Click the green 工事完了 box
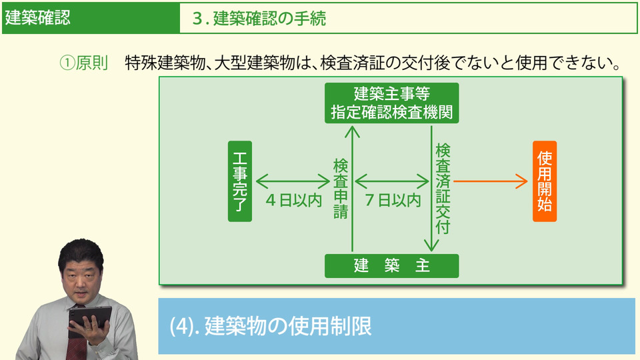pyautogui.click(x=240, y=181)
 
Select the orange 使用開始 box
pyautogui.click(x=544, y=181)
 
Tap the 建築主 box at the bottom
pyautogui.click(x=391, y=266)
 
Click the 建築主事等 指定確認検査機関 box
pyautogui.click(x=391, y=103)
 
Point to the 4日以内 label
pyautogui.click(x=294, y=200)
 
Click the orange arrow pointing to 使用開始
pyautogui.click(x=491, y=181)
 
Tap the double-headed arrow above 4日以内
pyautogui.click(x=293, y=181)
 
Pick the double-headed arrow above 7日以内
pyautogui.click(x=391, y=181)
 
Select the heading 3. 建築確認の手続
pyautogui.click(x=259, y=19)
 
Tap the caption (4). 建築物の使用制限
pyautogui.click(x=270, y=326)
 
